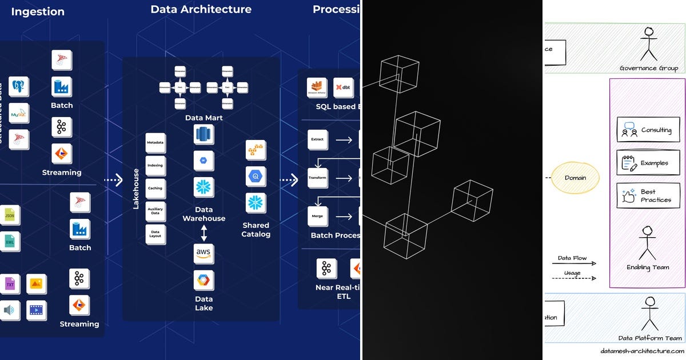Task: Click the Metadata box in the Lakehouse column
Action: pyautogui.click(x=155, y=142)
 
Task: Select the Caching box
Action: pyautogui.click(x=155, y=188)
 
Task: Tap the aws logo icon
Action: pyautogui.click(x=204, y=253)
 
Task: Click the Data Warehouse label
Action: pyautogui.click(x=204, y=214)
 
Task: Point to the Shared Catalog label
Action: pyautogui.click(x=256, y=230)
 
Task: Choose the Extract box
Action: pyautogui.click(x=317, y=139)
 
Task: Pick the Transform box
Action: pyautogui.click(x=317, y=178)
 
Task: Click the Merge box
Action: pyautogui.click(x=317, y=217)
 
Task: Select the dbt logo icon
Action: pyautogui.click(x=344, y=87)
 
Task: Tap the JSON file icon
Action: pyautogui.click(x=10, y=215)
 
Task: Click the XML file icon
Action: pyautogui.click(x=10, y=242)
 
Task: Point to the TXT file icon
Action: pyautogui.click(x=10, y=284)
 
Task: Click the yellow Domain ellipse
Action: pyautogui.click(x=575, y=178)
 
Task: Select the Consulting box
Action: pyautogui.click(x=647, y=130)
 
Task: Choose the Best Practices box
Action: pyautogui.click(x=647, y=195)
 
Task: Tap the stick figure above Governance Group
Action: pyautogui.click(x=649, y=45)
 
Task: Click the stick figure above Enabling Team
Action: pyautogui.click(x=648, y=243)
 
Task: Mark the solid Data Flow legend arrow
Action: pyautogui.click(x=577, y=264)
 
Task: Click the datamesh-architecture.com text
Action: pyautogui.click(x=642, y=351)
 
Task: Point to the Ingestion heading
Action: pyautogui.click(x=38, y=11)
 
